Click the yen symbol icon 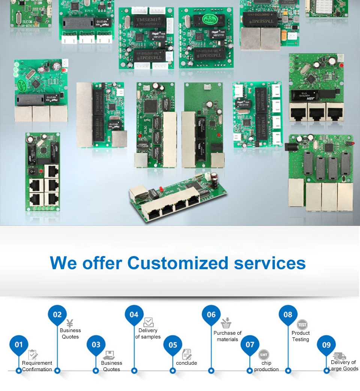point(70,323)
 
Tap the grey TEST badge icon point(302,325)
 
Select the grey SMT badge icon point(264,355)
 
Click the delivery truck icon point(340,356)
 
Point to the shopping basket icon point(226,323)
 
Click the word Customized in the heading point(177,263)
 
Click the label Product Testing point(300,336)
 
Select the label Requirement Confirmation point(37,366)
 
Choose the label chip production point(266,366)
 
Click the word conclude point(186,363)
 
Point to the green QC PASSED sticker point(208,18)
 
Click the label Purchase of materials point(227,336)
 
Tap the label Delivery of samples point(148,334)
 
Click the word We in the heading point(63,263)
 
